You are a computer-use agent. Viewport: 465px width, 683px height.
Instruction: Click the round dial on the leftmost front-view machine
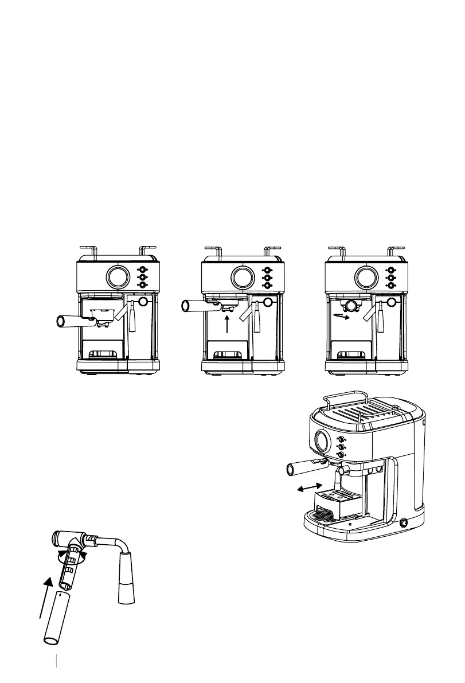tap(117, 278)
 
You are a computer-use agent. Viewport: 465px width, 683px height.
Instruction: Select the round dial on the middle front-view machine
tap(241, 278)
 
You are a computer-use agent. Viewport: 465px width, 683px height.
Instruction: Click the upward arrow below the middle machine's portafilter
tap(228, 325)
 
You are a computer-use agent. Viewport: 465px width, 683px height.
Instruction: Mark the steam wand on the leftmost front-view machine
tap(134, 319)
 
